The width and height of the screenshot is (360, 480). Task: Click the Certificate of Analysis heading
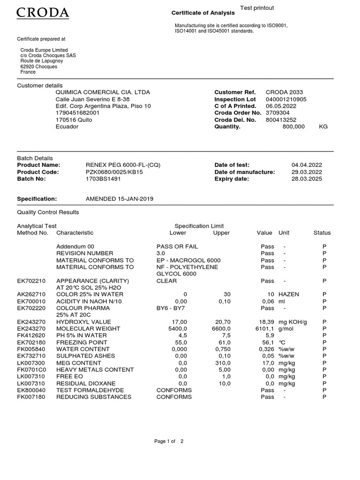tap(203, 13)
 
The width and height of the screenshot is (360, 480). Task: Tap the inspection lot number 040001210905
tap(286, 99)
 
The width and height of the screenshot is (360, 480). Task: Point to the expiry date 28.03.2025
tap(307, 179)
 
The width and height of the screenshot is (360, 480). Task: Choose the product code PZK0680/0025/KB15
tap(114, 172)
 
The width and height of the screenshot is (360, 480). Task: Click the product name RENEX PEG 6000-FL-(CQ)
tap(123, 165)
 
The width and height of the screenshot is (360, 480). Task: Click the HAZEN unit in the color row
tap(289, 294)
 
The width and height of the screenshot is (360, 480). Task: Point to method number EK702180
tap(31, 343)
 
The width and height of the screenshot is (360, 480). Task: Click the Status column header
tap(322, 232)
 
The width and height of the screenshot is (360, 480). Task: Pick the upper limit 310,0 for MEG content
tap(222, 363)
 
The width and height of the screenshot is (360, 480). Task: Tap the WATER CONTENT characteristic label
tap(82, 349)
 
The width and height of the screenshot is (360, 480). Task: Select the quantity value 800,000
tap(293, 127)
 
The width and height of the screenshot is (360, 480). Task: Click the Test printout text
tap(257, 8)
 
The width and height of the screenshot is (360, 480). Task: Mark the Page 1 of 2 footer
tap(169, 441)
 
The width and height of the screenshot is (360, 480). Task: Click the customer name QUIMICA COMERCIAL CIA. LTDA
tap(103, 92)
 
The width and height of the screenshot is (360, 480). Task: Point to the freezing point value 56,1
tap(267, 343)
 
